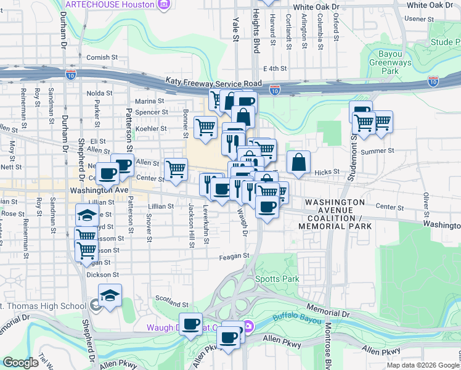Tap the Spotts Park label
click(277, 279)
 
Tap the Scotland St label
click(171, 304)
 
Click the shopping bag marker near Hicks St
click(298, 163)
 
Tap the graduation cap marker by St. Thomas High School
click(110, 295)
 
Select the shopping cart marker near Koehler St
click(205, 127)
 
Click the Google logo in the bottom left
click(20, 363)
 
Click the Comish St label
click(102, 57)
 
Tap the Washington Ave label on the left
click(99, 191)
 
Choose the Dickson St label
click(102, 274)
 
